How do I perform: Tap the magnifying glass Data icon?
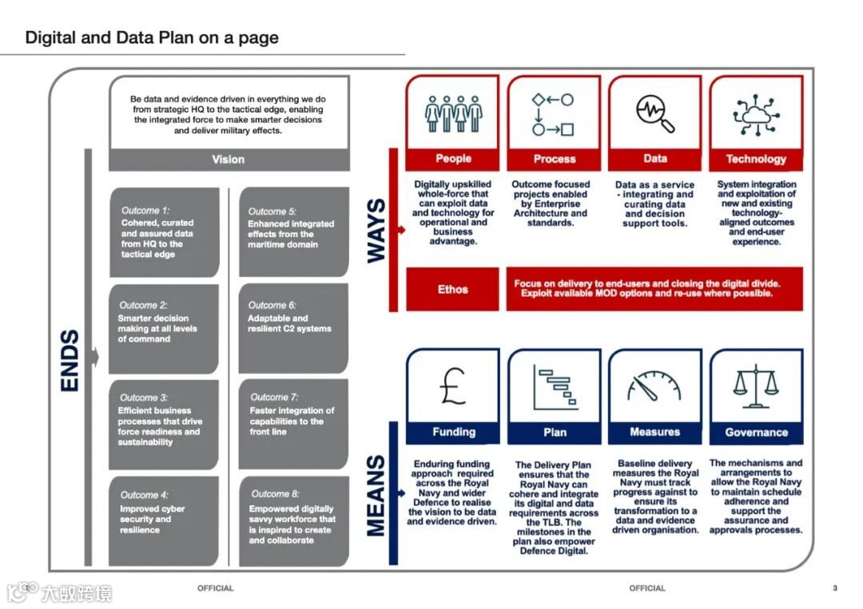[x=655, y=113]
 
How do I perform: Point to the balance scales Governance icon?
[x=756, y=386]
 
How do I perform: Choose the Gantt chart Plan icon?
[x=555, y=386]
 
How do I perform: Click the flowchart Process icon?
[x=554, y=113]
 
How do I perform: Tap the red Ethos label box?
[x=453, y=290]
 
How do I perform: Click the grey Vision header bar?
[x=229, y=160]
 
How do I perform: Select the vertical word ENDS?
[x=70, y=360]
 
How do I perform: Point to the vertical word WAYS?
[x=376, y=230]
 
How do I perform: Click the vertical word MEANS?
[x=376, y=495]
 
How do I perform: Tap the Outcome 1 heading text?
[x=145, y=211]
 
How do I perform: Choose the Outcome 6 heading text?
[x=272, y=305]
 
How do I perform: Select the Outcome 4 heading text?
[x=145, y=495]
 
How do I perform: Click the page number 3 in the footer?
[x=835, y=588]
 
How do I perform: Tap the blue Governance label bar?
[x=756, y=433]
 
